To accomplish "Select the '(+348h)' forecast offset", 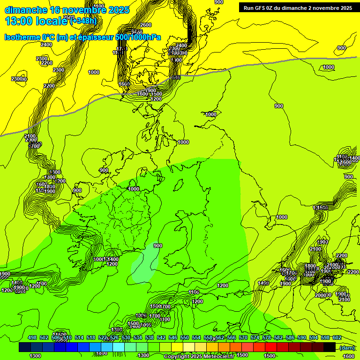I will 83,21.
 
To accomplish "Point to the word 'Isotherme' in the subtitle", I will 22,37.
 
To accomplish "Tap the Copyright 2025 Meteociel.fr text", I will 199,357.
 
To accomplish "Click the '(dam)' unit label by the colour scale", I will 347,347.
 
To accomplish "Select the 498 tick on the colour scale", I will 32,337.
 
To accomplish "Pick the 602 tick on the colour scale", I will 337,337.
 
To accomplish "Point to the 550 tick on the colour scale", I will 185,337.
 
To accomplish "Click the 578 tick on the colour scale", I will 267,337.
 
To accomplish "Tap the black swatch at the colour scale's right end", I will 329,347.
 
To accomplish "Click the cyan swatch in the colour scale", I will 119,347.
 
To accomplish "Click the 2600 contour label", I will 146,25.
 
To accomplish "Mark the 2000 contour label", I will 320,295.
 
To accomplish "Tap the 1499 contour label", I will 263,283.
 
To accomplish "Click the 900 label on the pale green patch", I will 158,246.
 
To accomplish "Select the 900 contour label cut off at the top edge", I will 219,2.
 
